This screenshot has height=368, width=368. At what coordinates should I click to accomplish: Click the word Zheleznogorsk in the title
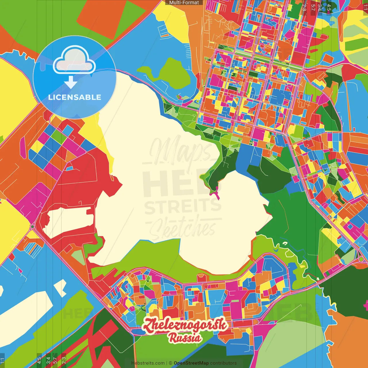pyautogui.click(x=185, y=326)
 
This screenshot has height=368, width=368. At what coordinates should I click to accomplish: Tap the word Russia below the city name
pyautogui.click(x=185, y=338)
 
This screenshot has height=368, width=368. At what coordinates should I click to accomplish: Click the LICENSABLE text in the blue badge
pyautogui.click(x=75, y=97)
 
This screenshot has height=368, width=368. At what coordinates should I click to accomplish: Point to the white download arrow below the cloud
pyautogui.click(x=70, y=83)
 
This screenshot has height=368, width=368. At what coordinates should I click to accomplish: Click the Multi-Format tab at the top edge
pyautogui.click(x=184, y=3)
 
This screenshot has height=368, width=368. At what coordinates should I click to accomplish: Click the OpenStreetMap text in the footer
pyautogui.click(x=191, y=363)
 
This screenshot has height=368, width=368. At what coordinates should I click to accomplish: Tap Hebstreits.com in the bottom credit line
pyautogui.click(x=148, y=363)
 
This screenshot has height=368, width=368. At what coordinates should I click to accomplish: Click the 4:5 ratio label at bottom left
pyautogui.click(x=39, y=360)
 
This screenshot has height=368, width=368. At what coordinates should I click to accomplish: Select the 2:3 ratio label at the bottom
pyautogui.click(x=64, y=360)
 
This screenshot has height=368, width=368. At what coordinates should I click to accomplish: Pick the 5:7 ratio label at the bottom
pyautogui.click(x=55, y=360)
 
